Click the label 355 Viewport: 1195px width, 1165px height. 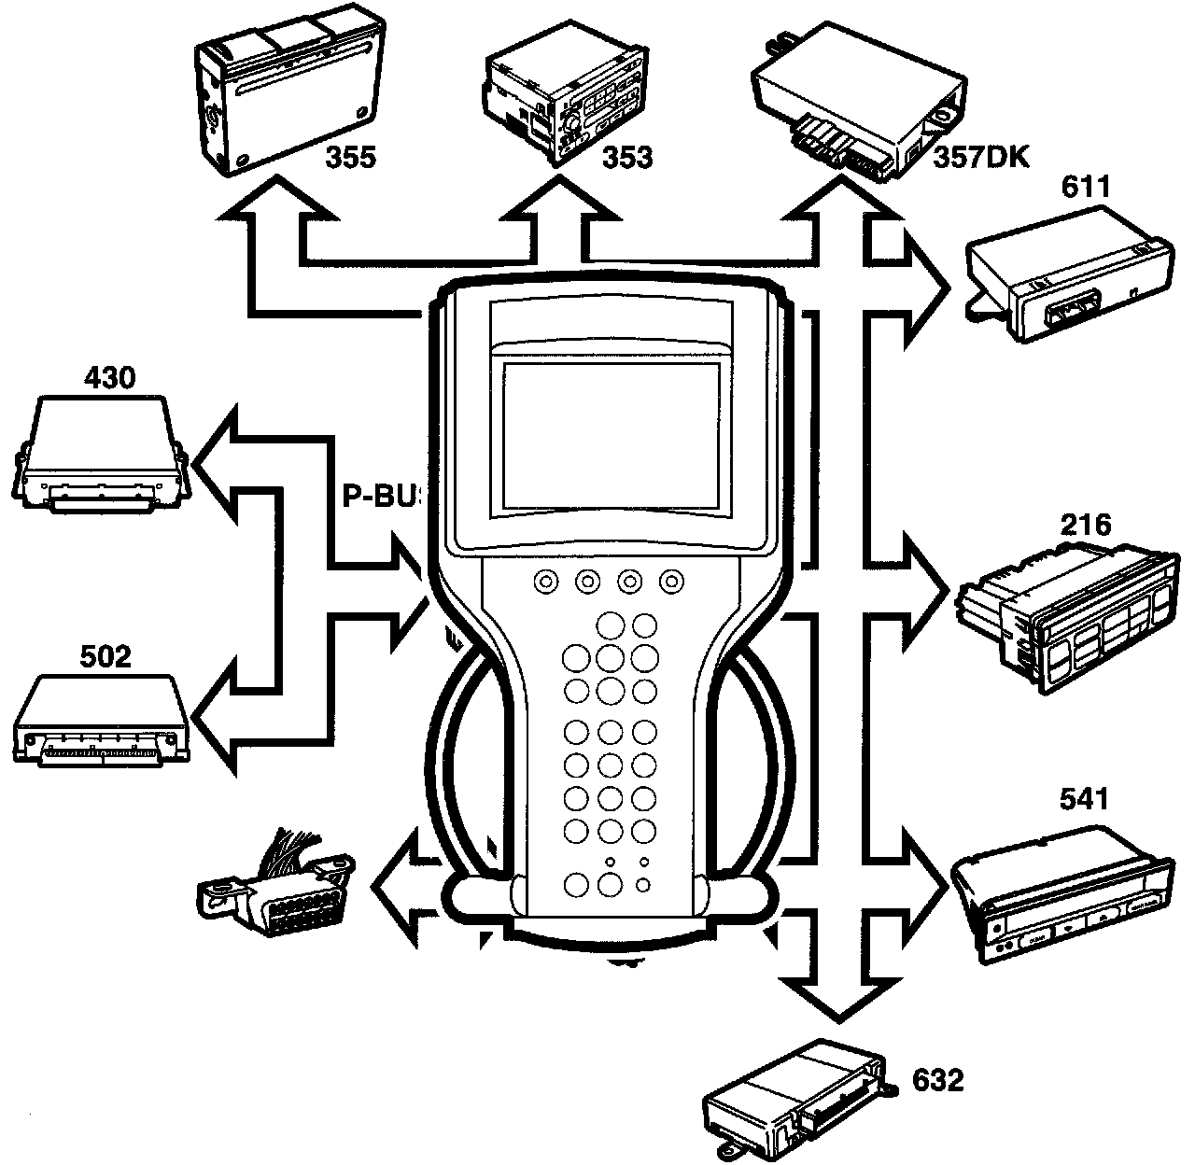point(351,158)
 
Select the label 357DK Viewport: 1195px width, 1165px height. point(980,156)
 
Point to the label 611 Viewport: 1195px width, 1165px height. point(1085,188)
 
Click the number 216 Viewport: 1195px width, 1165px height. point(1086,525)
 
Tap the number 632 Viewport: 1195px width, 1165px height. point(936,1081)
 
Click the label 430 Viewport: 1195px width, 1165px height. point(109,377)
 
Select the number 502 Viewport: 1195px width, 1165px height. point(104,656)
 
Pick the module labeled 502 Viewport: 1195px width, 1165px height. point(103,719)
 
